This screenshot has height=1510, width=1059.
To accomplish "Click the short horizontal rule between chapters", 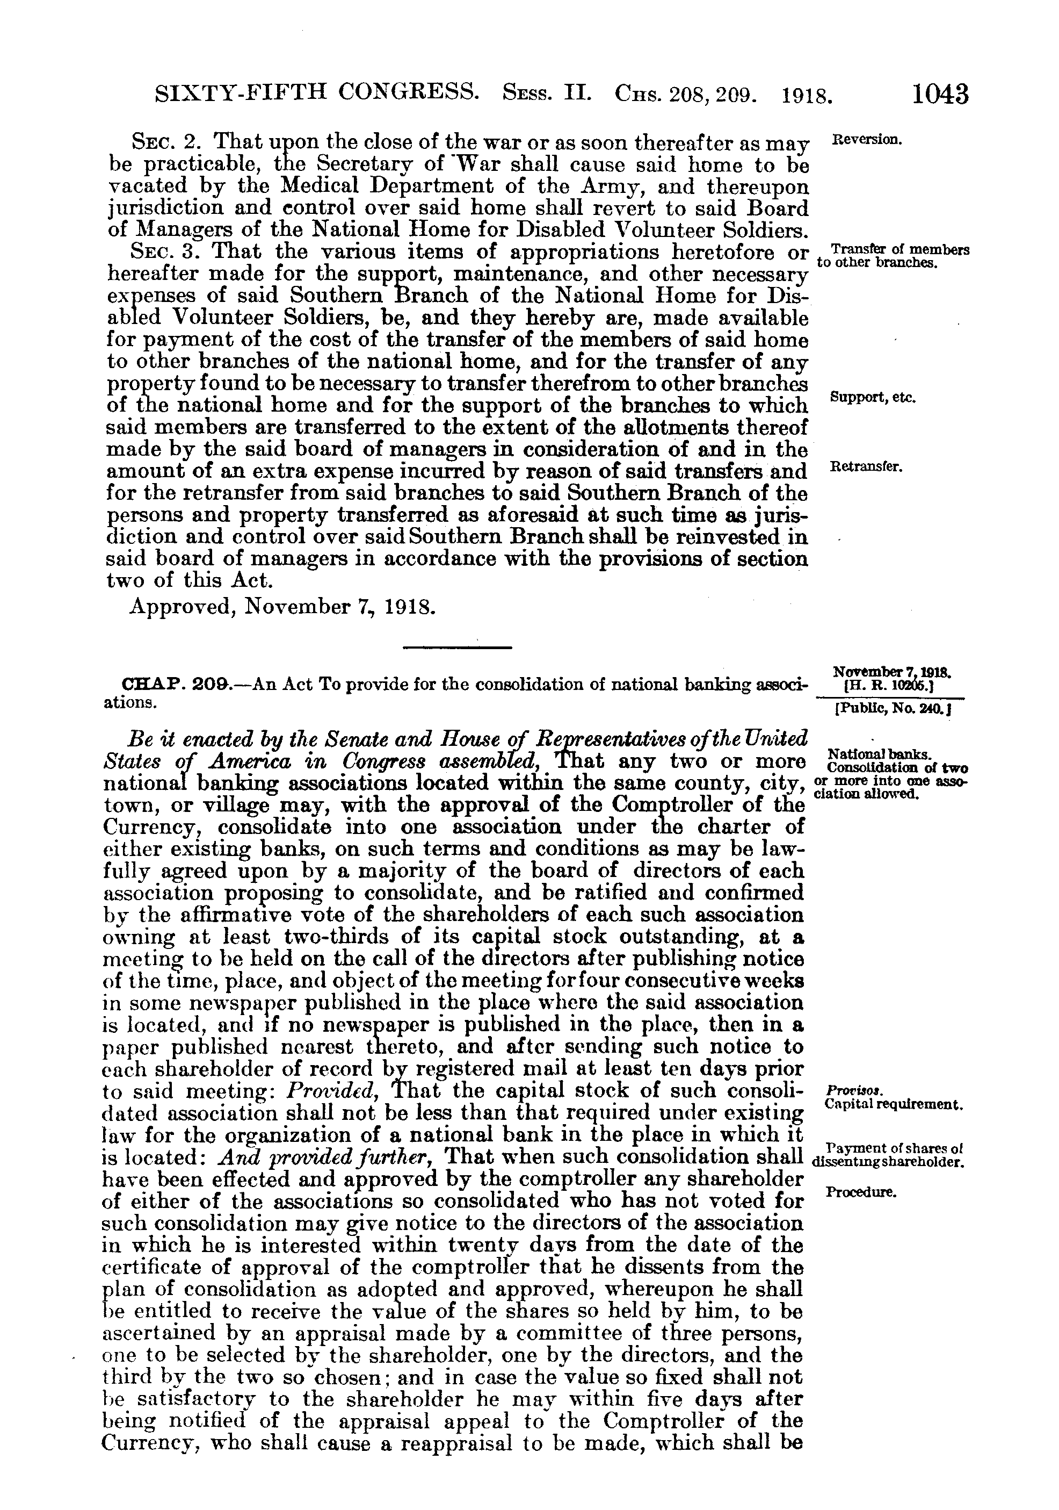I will (457, 649).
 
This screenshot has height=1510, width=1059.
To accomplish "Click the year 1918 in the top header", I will (807, 96).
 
